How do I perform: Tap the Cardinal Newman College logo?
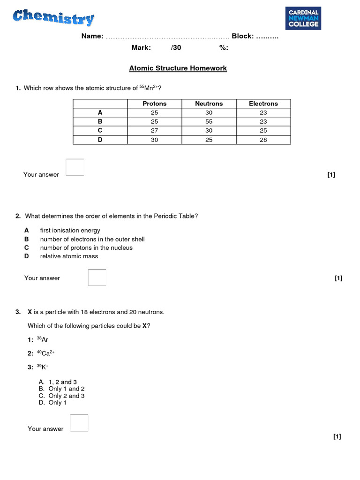[x=303, y=18]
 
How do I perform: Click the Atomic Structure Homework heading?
[x=178, y=68]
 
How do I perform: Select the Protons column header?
[x=154, y=104]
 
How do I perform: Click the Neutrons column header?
[x=209, y=104]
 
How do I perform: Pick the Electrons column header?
[x=263, y=104]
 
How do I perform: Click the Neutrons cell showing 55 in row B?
[x=209, y=121]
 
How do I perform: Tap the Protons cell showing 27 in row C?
[x=154, y=130]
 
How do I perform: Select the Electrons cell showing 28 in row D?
[x=263, y=140]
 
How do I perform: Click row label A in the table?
[x=100, y=112]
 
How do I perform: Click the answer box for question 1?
[x=75, y=167]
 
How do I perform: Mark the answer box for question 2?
[x=97, y=277]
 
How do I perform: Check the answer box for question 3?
[x=79, y=423]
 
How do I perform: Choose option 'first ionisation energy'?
[x=70, y=231]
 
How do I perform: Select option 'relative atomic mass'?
[x=69, y=256]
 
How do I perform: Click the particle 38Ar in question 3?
[x=42, y=339]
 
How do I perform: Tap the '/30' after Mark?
[x=176, y=48]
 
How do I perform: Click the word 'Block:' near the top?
[x=243, y=37]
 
